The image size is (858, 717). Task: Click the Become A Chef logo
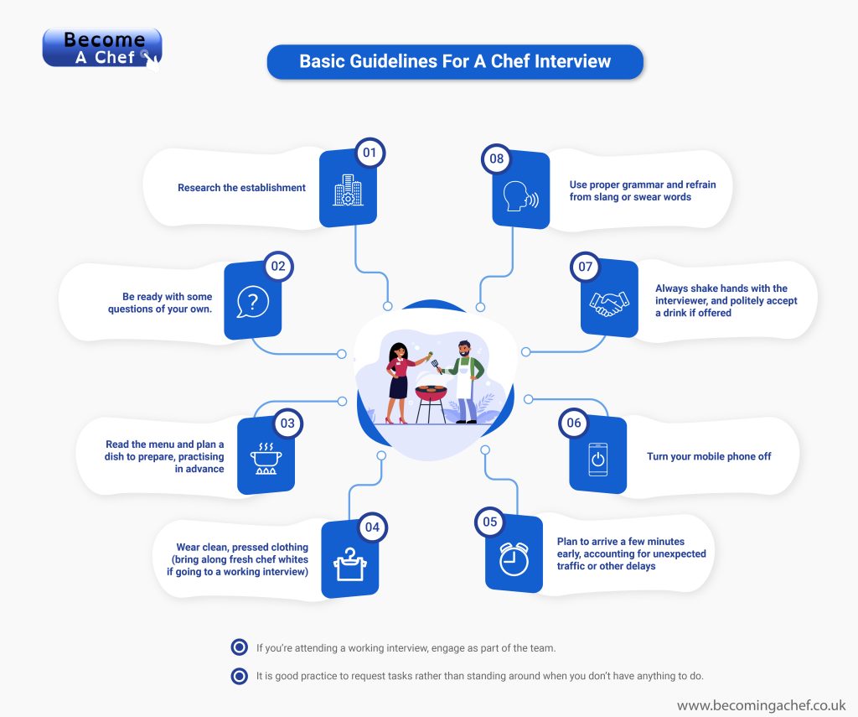coord(101,49)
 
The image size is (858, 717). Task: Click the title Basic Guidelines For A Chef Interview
coord(455,61)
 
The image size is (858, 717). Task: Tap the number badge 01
coord(370,153)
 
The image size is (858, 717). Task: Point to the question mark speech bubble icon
coord(252,301)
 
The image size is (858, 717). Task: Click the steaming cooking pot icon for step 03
coord(266,458)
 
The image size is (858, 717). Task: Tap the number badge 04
coord(372,527)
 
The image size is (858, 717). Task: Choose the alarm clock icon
coord(514,559)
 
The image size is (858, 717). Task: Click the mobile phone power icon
coord(597,460)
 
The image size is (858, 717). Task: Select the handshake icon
coord(608,303)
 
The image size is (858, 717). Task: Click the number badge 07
coord(585,268)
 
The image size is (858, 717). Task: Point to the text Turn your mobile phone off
coord(709,457)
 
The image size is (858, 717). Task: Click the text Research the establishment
coord(241,188)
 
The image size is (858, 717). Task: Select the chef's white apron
coord(462,382)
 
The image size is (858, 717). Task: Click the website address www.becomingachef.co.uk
coord(761,706)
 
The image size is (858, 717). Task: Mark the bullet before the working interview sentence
coord(240,647)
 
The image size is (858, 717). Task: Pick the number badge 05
coord(489,522)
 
